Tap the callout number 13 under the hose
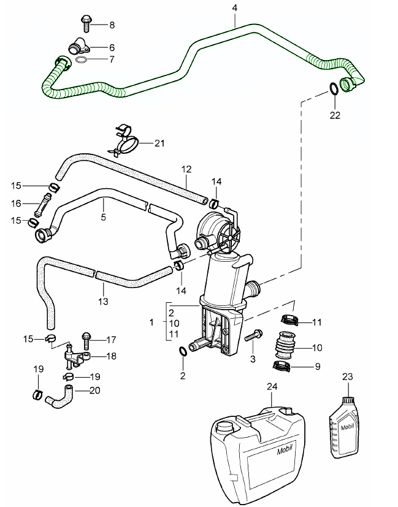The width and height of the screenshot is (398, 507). point(103,301)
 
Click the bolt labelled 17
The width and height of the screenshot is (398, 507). point(85,337)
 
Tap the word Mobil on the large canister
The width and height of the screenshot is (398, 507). point(285,452)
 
